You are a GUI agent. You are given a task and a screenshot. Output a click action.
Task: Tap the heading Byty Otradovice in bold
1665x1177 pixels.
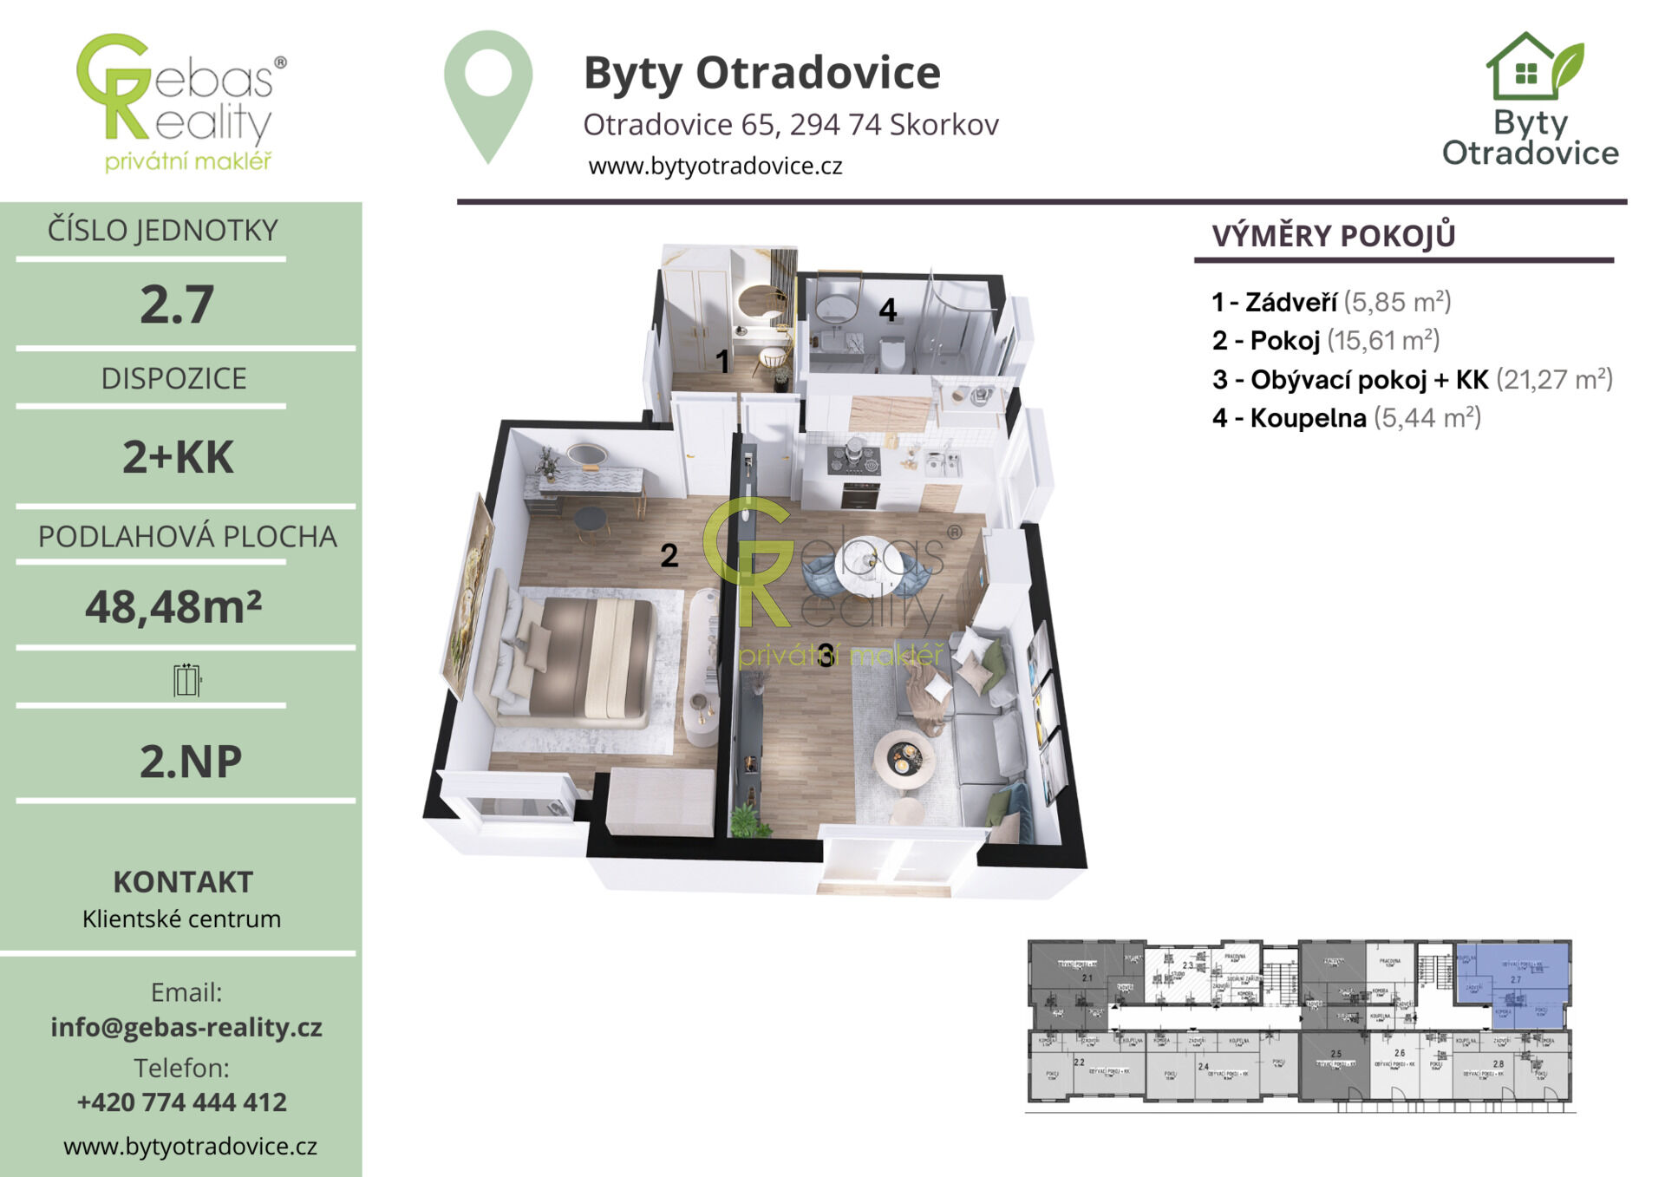pyautogui.click(x=761, y=73)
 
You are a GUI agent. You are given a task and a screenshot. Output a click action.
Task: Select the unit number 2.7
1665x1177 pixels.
pyautogui.click(x=177, y=304)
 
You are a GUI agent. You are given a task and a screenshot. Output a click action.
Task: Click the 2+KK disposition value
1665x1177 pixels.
pyautogui.click(x=178, y=457)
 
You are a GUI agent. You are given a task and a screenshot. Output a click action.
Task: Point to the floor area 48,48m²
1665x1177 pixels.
pyautogui.click(x=173, y=606)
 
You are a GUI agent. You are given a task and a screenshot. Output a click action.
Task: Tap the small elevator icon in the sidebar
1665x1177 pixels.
pyautogui.click(x=186, y=680)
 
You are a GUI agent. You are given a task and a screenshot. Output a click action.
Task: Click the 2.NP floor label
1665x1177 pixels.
pyautogui.click(x=190, y=761)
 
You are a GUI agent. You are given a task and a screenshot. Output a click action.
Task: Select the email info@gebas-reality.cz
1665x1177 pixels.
pyautogui.click(x=186, y=1027)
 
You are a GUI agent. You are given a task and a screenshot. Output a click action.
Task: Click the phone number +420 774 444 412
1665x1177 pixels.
pyautogui.click(x=181, y=1102)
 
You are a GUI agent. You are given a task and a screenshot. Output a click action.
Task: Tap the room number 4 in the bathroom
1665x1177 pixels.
pyautogui.click(x=887, y=310)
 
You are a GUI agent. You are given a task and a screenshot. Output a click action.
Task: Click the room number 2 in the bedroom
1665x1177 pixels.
pyautogui.click(x=669, y=555)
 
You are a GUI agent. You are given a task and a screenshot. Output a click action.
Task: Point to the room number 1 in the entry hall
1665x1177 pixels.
pyautogui.click(x=721, y=361)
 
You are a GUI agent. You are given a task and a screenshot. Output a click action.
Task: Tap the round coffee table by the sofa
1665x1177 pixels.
pyautogui.click(x=904, y=758)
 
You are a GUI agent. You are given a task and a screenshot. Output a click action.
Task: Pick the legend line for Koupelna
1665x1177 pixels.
pyautogui.click(x=1346, y=418)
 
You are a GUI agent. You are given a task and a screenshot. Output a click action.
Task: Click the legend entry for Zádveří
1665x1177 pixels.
pyautogui.click(x=1331, y=302)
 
